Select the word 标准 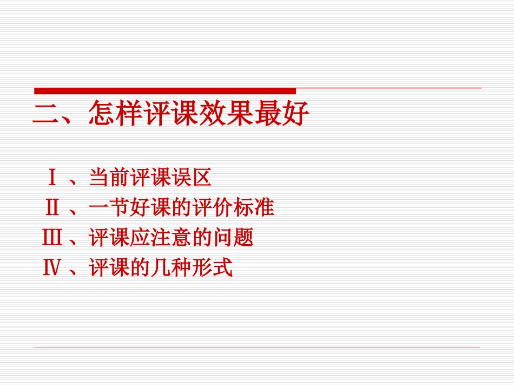(x=256, y=207)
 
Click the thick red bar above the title (x=165, y=90)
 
